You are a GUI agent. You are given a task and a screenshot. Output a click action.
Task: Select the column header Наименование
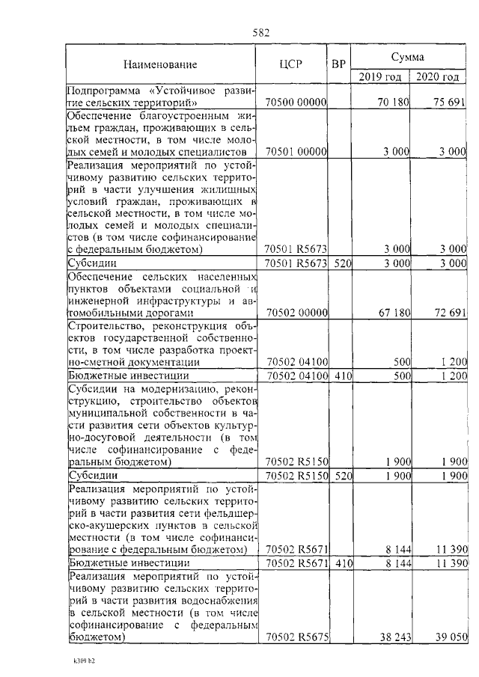[x=161, y=64]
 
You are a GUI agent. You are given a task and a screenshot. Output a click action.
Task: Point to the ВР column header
[x=338, y=64]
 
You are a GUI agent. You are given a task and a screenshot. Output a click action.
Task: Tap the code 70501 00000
[x=297, y=151]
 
